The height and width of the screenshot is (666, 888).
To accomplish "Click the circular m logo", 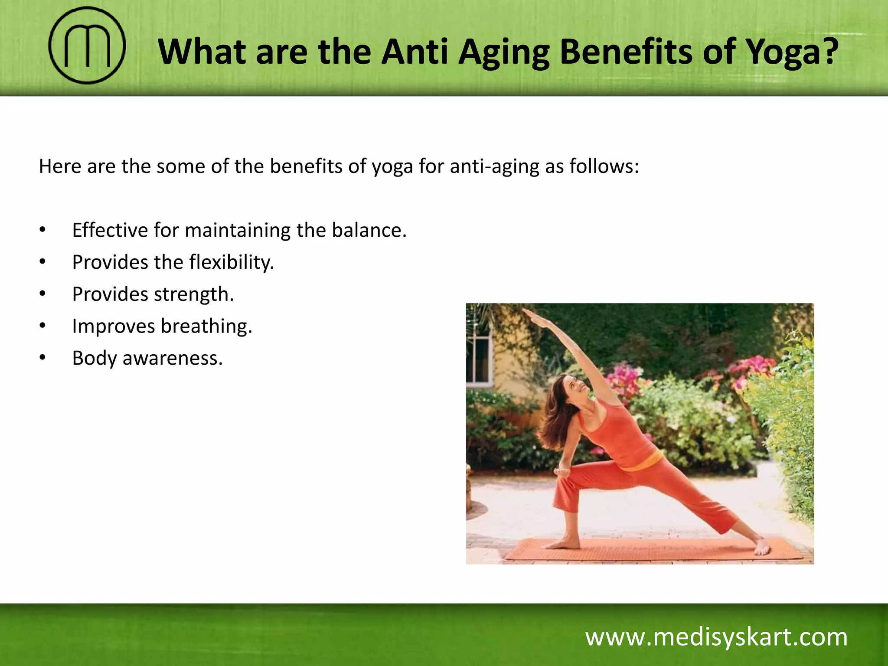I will click(87, 46).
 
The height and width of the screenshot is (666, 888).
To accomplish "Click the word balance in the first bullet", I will click(369, 230).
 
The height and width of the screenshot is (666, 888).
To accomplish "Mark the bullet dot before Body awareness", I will click(42, 358).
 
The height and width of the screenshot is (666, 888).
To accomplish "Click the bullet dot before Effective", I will click(42, 230).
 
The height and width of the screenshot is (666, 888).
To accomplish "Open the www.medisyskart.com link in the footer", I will click(716, 637).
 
